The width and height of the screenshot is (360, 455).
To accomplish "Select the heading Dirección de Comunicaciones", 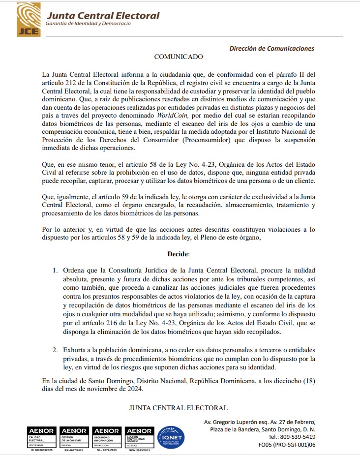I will coord(271,48).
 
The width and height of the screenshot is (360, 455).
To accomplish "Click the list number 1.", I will coord(55,271).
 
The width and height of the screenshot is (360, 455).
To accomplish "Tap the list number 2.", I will coord(55,350).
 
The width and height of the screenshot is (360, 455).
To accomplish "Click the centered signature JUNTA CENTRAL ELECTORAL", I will coord(178,408).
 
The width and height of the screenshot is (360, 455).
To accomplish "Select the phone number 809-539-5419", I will coord(297,437).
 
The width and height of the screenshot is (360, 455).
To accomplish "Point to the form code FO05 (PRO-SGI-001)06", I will coord(287,445).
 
